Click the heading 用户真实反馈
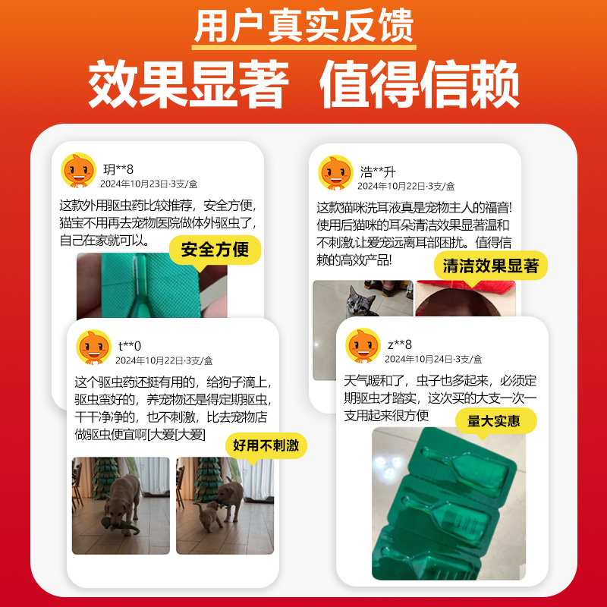303,27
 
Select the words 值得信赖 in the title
420,85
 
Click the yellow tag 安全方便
215,249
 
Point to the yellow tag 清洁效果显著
491,266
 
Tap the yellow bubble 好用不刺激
266,445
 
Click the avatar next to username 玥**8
78,171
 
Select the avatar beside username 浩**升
335,173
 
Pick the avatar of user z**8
363,347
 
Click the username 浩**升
377,171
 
